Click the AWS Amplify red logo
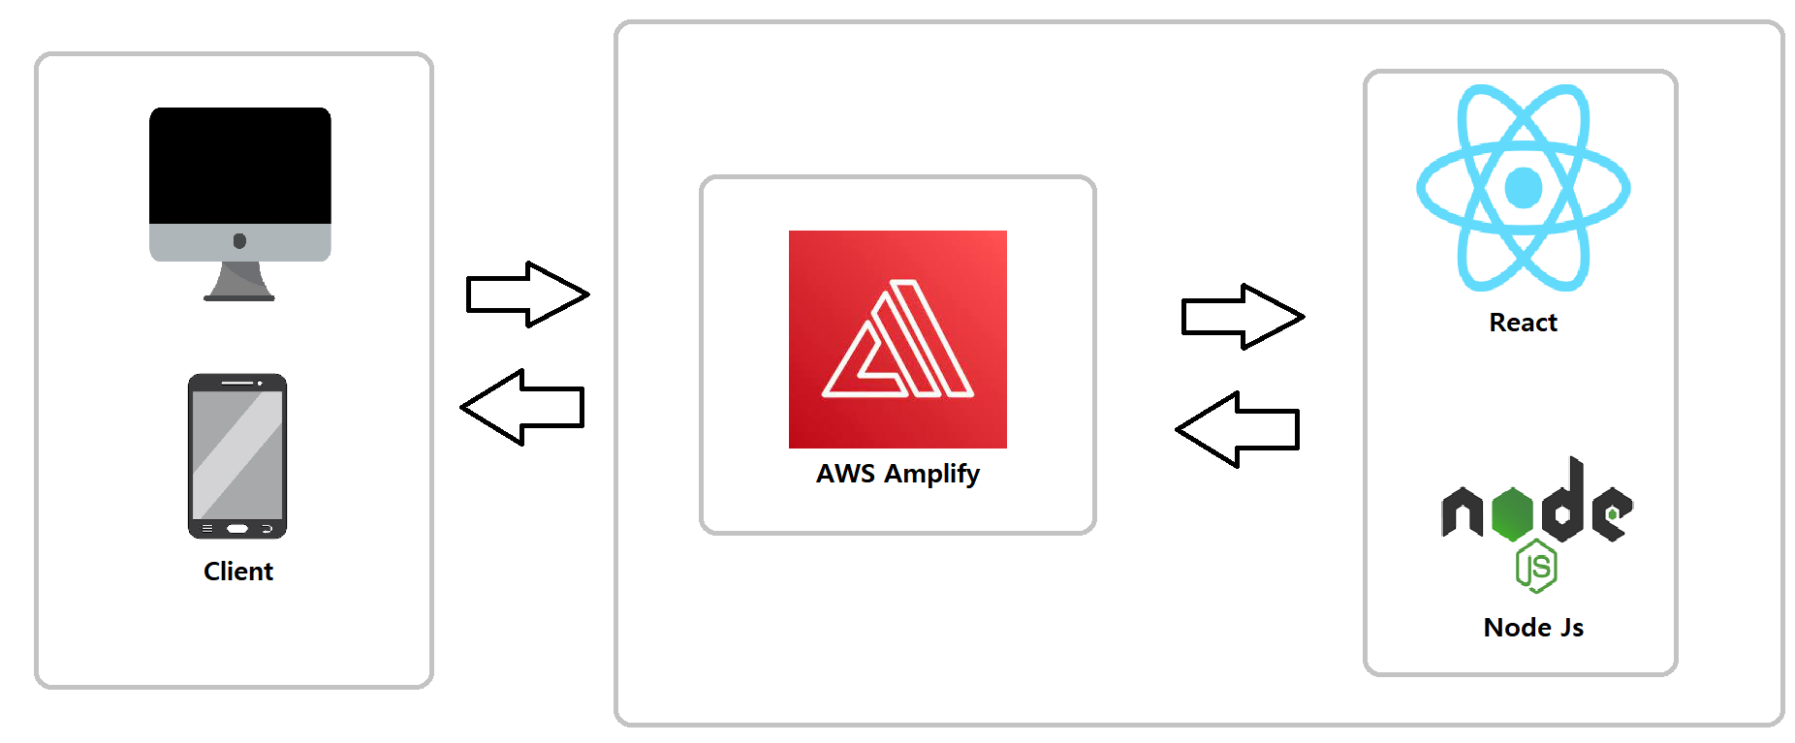[897, 339]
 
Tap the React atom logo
[1523, 188]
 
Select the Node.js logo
[1536, 524]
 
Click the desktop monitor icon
[240, 204]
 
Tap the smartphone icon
[237, 456]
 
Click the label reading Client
[238, 572]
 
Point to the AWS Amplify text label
[897, 474]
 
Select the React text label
[1523, 323]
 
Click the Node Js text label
[1533, 628]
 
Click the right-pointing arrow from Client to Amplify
[528, 294]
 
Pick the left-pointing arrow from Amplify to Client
[522, 407]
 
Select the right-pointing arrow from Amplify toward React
[1244, 317]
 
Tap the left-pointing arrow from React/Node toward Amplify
[1238, 429]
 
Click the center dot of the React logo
[1523, 188]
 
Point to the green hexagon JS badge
[1536, 567]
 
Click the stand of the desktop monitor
[239, 281]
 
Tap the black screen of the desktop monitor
[240, 166]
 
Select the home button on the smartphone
[237, 529]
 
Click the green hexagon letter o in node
[1512, 513]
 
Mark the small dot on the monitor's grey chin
[239, 241]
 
